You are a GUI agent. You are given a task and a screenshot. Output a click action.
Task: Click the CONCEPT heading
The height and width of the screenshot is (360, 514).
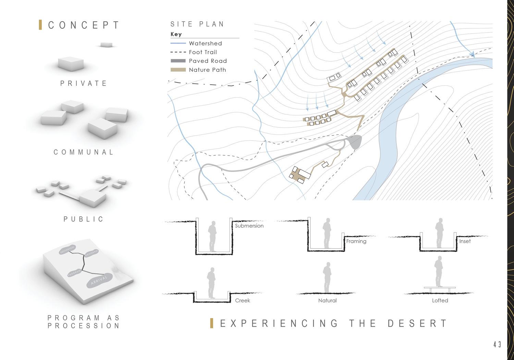point(84,25)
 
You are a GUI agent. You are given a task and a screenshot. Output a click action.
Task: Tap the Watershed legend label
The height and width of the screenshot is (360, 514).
point(205,43)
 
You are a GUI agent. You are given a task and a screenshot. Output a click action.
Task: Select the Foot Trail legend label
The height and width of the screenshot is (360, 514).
point(203,52)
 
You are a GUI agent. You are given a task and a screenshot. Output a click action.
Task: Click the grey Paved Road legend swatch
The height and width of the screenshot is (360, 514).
point(178,61)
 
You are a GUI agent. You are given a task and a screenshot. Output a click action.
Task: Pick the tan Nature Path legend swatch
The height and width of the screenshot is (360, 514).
point(178,70)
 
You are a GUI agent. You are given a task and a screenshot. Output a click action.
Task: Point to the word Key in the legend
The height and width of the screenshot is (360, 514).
point(176,34)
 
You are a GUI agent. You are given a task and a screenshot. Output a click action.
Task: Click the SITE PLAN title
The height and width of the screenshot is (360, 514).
point(197,24)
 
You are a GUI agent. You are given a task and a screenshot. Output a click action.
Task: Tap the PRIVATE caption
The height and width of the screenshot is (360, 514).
point(84,83)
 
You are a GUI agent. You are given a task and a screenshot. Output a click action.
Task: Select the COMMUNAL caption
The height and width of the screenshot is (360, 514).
point(84,152)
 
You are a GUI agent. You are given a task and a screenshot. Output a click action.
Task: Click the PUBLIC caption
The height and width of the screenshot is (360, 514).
point(84,219)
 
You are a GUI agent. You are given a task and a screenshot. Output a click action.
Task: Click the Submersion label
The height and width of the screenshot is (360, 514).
point(249,226)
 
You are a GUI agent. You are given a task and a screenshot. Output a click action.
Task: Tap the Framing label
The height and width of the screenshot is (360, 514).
point(356,241)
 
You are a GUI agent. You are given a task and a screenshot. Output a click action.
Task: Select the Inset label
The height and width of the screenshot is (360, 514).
point(465,241)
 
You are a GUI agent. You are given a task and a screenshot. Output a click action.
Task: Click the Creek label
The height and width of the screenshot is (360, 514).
point(243,300)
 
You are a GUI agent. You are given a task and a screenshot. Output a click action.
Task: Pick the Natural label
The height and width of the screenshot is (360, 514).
point(327,300)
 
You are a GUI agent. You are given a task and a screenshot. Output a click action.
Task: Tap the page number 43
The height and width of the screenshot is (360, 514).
point(498,345)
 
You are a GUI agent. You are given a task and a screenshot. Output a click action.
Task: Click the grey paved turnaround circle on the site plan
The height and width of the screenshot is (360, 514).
point(356,141)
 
